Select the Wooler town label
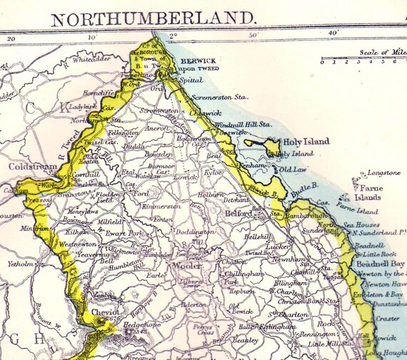pyautogui.click(x=186, y=274)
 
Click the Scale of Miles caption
pyautogui.click(x=380, y=52)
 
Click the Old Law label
pyautogui.click(x=291, y=170)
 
